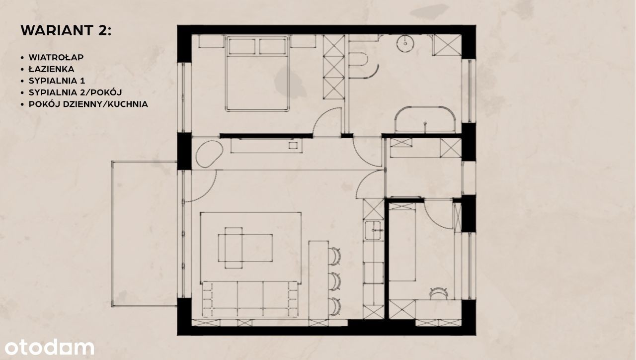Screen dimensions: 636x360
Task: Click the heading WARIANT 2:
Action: (x=66, y=30)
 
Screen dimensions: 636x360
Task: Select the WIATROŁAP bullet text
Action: (x=56, y=57)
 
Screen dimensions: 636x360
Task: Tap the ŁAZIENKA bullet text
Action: (x=51, y=69)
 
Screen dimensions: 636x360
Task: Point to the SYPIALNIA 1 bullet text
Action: (x=57, y=81)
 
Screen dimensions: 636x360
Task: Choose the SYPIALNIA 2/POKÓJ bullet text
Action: (x=75, y=92)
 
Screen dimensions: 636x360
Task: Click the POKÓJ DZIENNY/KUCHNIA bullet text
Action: (x=88, y=104)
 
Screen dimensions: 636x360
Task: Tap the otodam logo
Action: (x=49, y=347)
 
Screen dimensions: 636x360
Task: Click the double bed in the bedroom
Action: (x=257, y=73)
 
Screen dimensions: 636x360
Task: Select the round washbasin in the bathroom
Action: (x=405, y=44)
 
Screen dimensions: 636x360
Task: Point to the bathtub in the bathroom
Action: (x=425, y=119)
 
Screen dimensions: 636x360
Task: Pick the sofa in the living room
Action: (x=250, y=299)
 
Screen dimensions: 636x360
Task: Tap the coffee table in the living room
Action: (x=245, y=248)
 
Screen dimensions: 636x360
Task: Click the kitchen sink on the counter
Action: (x=374, y=230)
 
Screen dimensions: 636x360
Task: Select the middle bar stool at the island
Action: (x=334, y=281)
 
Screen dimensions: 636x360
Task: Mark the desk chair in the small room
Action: (x=439, y=293)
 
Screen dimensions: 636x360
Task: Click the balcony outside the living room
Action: (x=144, y=234)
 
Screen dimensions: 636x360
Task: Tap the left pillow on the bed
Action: (x=242, y=46)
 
